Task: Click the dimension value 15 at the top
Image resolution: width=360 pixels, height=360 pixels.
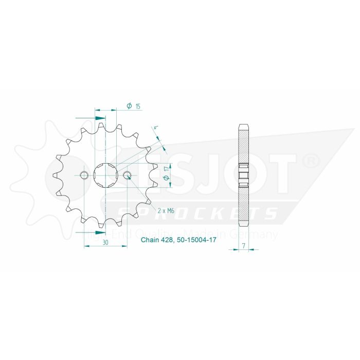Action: point(138,106)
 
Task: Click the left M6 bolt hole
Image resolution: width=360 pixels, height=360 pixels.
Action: point(85,175)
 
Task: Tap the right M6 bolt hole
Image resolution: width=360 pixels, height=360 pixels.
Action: point(127,175)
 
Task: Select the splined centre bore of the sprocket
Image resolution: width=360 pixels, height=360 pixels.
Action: point(106,175)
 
